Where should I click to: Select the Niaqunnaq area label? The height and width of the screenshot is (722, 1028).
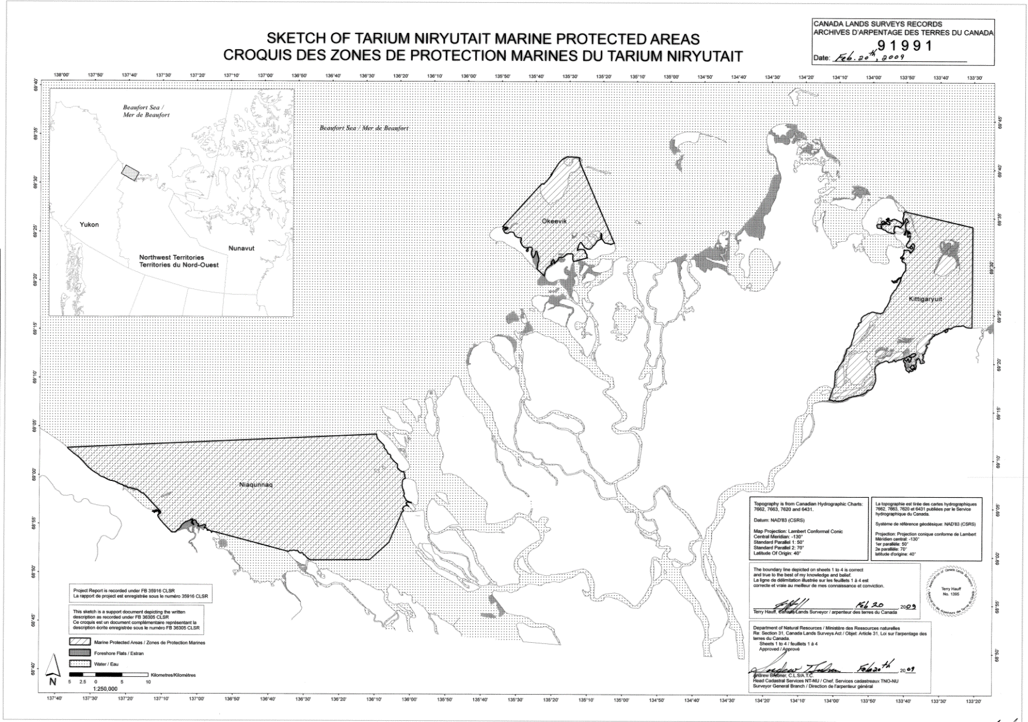point(255,484)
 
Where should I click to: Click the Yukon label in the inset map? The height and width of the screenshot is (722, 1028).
point(89,224)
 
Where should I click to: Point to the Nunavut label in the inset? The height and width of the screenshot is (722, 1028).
point(241,248)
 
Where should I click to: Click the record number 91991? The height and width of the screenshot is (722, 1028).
point(905,46)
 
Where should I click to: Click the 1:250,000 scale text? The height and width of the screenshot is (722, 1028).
point(105,688)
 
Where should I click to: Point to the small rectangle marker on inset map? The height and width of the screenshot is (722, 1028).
point(131,172)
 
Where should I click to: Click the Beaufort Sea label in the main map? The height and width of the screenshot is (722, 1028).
point(364,128)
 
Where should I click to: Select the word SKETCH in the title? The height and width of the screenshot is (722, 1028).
point(298,39)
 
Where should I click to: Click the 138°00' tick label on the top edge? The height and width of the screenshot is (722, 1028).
point(62,76)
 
